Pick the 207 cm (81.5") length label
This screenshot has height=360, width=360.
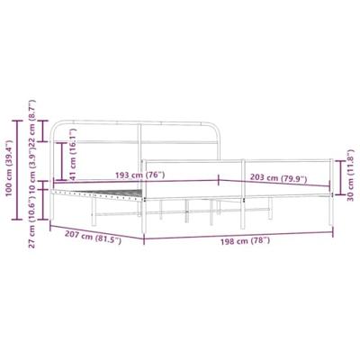94,239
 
